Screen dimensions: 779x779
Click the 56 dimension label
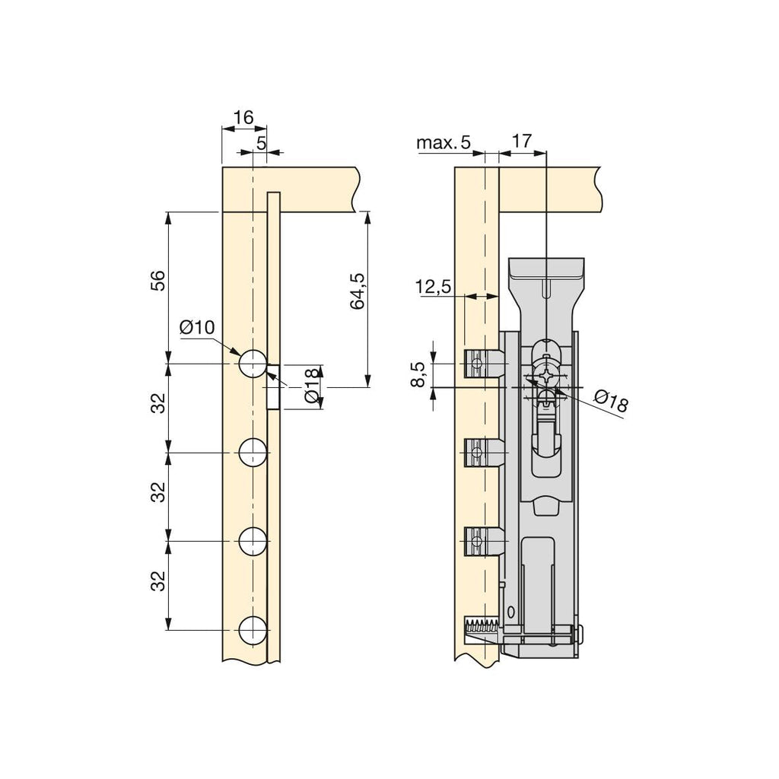coord(157,280)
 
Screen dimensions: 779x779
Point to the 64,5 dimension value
coord(358,291)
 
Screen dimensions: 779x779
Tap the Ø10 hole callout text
coord(197,327)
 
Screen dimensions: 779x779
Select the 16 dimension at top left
coord(243,118)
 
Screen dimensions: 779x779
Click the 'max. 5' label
coord(444,143)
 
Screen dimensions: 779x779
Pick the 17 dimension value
coord(522,141)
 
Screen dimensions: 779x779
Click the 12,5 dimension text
coord(433,287)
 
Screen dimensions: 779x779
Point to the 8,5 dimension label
coord(418,374)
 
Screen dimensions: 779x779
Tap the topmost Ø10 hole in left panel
coord(253,363)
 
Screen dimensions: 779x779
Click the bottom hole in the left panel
coord(253,630)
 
